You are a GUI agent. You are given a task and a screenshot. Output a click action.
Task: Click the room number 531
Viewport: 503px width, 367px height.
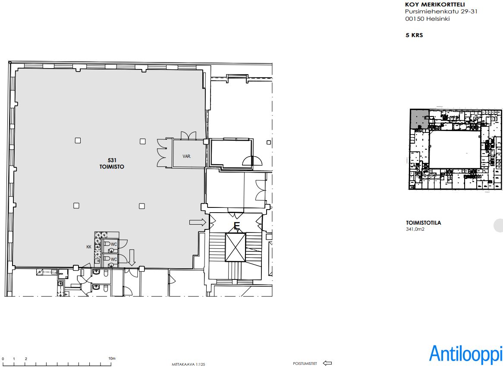coord(112,160)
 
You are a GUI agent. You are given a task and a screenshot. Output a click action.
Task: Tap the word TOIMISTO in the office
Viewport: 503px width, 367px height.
coord(112,167)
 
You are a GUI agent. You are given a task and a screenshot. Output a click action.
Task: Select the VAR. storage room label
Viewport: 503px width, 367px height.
coord(187,156)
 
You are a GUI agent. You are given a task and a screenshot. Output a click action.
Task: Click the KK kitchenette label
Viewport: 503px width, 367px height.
coord(89,247)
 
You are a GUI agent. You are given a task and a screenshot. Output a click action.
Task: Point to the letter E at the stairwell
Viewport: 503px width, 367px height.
coord(237,226)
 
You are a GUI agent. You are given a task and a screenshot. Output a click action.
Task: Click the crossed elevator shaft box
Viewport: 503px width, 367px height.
coord(236,248)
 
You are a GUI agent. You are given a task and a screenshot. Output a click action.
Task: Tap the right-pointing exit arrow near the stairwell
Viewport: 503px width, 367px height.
coord(198,222)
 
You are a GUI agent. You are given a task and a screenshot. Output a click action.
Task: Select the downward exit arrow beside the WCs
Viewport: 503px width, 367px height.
coord(132,257)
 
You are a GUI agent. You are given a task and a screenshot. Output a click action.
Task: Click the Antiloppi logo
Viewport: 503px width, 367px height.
coord(466,354)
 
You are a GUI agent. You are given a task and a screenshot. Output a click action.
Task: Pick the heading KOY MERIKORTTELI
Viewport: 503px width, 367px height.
coord(435,4)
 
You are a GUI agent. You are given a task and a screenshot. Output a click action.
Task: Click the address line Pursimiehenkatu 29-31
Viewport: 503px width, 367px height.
coord(441,12)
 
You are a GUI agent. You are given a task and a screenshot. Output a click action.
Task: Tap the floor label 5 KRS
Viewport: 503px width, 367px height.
coord(414,35)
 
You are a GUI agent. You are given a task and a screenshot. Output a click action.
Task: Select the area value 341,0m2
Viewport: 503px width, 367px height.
coord(415,229)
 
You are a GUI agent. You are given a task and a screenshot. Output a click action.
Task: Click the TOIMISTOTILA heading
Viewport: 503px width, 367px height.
coord(424,223)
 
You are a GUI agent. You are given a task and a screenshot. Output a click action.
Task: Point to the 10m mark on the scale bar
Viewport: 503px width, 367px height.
coord(112,358)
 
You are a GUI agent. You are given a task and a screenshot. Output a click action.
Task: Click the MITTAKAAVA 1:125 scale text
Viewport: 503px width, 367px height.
coord(189,364)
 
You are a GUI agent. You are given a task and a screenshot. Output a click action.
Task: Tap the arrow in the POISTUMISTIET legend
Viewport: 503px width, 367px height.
coord(327,363)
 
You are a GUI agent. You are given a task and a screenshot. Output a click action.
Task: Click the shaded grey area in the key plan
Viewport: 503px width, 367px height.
coord(418,119)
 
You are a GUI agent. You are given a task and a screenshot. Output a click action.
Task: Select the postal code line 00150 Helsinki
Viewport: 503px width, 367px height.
coord(428,19)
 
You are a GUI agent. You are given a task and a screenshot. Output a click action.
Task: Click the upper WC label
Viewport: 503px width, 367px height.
coord(114,245)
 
